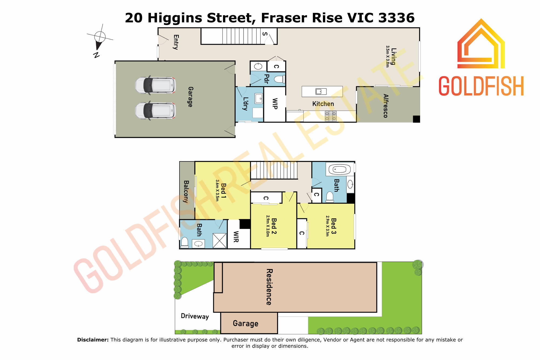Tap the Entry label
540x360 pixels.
[x=176, y=42]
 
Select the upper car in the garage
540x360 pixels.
[x=155, y=85]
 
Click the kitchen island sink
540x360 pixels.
[x=321, y=92]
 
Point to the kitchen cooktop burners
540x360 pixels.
[x=331, y=116]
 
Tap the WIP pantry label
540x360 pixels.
[x=275, y=104]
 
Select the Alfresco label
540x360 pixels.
[x=386, y=106]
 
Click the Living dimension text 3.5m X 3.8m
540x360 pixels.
[x=388, y=56]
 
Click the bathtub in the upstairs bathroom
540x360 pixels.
[x=339, y=169]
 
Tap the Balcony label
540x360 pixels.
[x=186, y=192]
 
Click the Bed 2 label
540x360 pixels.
[x=274, y=226]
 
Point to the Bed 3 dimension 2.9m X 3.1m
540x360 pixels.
[x=327, y=226]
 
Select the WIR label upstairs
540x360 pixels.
[x=236, y=237]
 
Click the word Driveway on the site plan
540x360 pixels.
[x=195, y=316]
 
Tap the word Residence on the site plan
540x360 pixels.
[x=269, y=287]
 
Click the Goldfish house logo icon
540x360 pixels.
[x=481, y=43]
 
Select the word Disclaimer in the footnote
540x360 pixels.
[x=93, y=340]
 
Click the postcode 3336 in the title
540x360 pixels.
[x=396, y=18]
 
